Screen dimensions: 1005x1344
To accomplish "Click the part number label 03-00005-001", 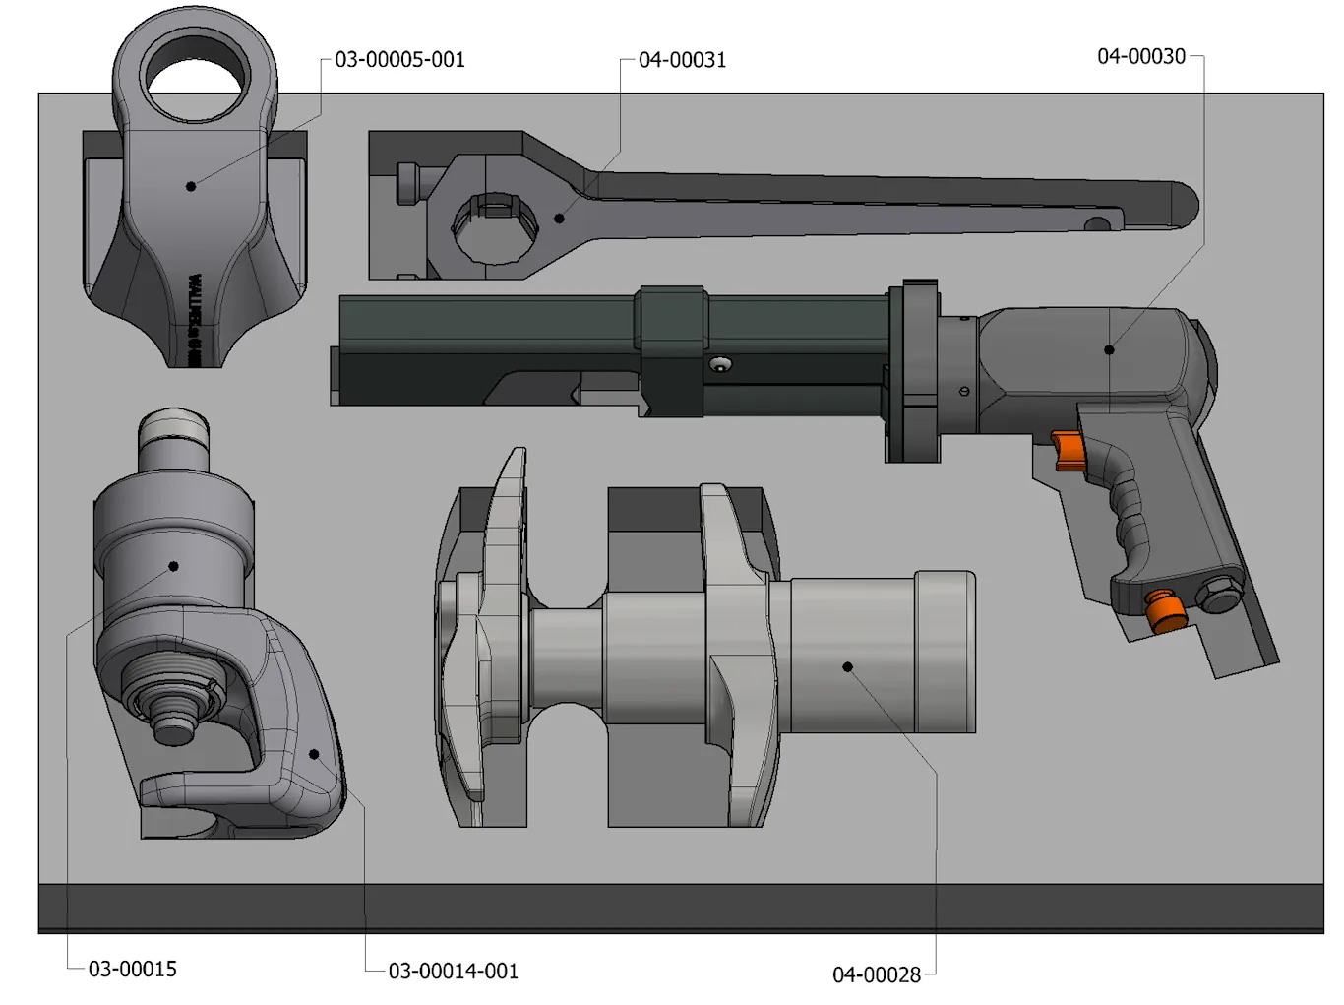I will tap(399, 60).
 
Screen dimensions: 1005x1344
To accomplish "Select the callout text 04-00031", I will tap(682, 61).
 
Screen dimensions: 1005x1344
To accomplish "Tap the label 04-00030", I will tap(1141, 57).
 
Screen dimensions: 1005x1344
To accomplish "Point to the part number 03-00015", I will tap(133, 970).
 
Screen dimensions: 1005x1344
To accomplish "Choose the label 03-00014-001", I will tap(453, 972).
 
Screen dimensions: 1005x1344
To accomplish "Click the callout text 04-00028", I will tap(877, 975).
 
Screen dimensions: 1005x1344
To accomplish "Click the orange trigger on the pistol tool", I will tap(1069, 450).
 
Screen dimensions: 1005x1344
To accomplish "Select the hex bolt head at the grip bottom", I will tap(1219, 595).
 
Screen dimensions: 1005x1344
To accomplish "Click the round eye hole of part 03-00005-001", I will tap(194, 74).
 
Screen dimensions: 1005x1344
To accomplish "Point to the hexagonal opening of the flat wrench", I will tap(495, 226).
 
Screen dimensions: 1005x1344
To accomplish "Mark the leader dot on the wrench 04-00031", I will tap(559, 219).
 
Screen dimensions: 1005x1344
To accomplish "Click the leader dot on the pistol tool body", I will tap(1109, 349).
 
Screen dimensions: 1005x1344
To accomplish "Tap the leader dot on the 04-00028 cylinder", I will tap(847, 667).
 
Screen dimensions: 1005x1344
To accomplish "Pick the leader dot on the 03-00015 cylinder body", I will tap(173, 566).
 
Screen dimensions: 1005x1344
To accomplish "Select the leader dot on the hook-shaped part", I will tap(314, 755).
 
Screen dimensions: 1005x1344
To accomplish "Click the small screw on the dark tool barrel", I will tap(721, 364).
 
